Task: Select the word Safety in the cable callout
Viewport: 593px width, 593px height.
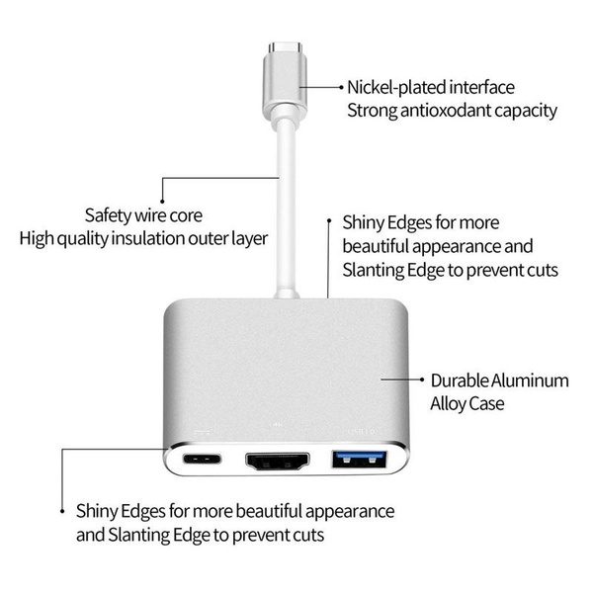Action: click(108, 214)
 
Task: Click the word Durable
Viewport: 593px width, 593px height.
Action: click(460, 380)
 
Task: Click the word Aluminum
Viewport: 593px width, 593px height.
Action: click(532, 380)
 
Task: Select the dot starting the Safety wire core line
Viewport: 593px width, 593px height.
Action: click(162, 179)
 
